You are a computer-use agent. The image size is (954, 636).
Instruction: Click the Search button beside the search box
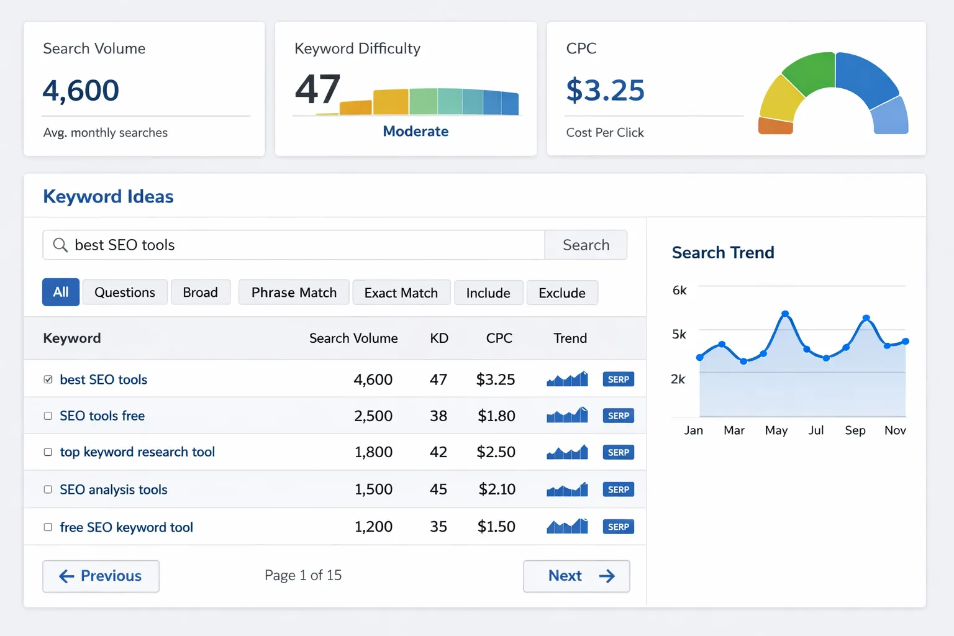(x=586, y=245)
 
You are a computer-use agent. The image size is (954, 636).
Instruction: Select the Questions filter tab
(x=125, y=293)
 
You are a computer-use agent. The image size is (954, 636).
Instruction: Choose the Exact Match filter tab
(x=401, y=293)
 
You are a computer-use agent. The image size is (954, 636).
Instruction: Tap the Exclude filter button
(x=562, y=293)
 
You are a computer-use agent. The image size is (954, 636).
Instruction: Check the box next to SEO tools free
(x=48, y=416)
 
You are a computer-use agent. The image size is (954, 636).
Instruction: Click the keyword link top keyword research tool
(x=137, y=452)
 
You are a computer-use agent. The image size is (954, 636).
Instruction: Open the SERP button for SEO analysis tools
(x=618, y=489)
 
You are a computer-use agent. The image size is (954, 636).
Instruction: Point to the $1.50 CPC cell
(x=496, y=527)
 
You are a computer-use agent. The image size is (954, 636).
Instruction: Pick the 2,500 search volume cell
(x=373, y=416)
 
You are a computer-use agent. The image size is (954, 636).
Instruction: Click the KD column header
(x=439, y=338)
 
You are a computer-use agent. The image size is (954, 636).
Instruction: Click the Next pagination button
(x=576, y=576)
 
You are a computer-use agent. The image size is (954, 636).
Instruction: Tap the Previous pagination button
(x=101, y=576)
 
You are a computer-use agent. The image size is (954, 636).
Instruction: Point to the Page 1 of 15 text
(x=303, y=576)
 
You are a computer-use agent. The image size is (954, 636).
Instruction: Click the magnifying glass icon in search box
(x=60, y=245)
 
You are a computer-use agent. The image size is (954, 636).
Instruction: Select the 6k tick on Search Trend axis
(x=679, y=291)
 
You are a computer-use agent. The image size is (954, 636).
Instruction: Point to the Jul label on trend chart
(x=816, y=430)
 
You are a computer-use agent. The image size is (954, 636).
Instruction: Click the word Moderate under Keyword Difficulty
(x=416, y=132)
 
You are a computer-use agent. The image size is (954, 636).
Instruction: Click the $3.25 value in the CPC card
(x=606, y=91)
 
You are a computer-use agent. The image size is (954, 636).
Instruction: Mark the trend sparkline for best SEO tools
(x=567, y=379)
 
